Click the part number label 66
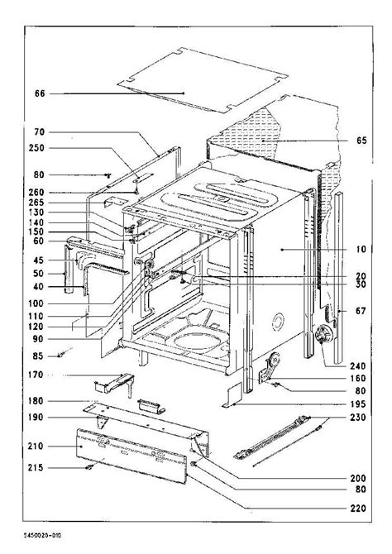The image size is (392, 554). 40,93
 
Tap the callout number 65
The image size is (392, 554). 361,141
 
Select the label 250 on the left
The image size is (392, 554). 36,148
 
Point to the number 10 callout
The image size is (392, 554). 361,250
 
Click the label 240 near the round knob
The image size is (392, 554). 358,366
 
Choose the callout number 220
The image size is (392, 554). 358,509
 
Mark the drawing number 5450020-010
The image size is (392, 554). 42,535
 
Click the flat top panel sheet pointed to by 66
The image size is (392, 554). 203,80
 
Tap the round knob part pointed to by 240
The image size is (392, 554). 323,334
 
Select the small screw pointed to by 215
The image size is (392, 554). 89,467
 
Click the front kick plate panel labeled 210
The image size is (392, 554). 131,456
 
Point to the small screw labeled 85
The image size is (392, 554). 62,355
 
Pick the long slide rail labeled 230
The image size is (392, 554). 272,437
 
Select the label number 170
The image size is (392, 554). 36,375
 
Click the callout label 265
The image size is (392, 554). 36,203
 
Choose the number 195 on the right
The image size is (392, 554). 358,404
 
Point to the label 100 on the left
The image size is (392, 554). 36,303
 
